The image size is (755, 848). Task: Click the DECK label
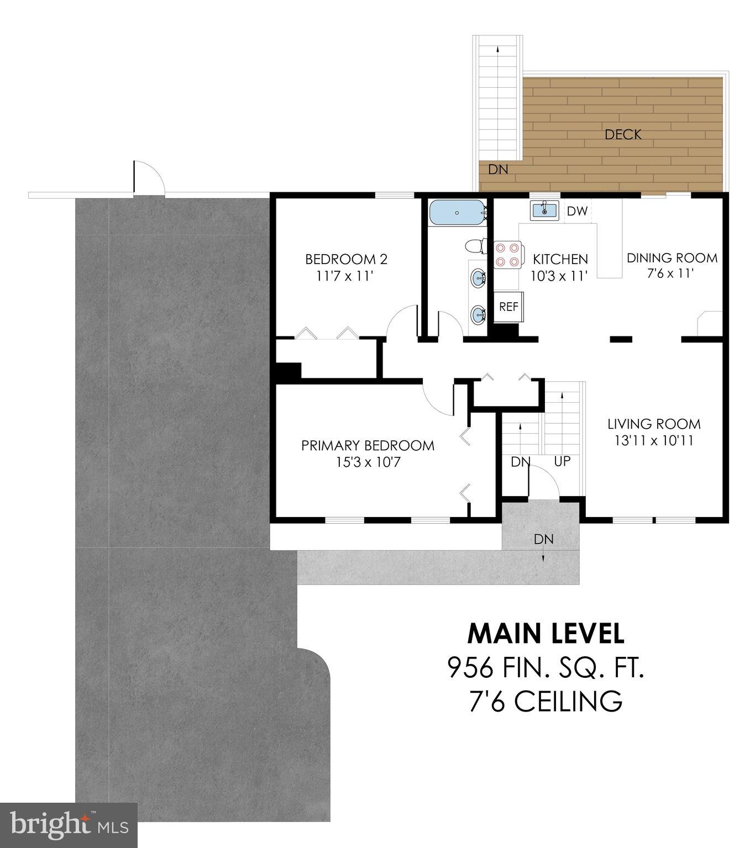(x=623, y=134)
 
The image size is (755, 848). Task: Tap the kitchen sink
(x=544, y=210)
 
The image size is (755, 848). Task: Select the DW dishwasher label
(x=577, y=211)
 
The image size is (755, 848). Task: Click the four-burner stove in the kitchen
(x=507, y=255)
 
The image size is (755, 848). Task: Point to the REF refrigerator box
(x=508, y=307)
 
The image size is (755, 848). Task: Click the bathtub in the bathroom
(x=457, y=213)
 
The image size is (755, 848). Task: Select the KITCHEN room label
(x=560, y=259)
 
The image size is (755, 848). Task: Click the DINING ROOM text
(x=672, y=258)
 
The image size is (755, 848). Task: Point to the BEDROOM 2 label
(x=346, y=259)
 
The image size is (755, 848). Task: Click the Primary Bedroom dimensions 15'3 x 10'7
(x=368, y=462)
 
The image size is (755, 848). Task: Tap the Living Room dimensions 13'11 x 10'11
(x=654, y=441)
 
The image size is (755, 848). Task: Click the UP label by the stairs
(x=562, y=461)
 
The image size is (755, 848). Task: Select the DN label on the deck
(x=497, y=170)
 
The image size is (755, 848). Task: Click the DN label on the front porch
(x=543, y=539)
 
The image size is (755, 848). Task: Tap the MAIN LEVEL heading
(x=546, y=634)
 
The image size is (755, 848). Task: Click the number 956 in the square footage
(x=470, y=668)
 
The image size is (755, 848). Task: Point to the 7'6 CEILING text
(x=546, y=702)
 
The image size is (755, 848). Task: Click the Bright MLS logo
(x=69, y=825)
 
